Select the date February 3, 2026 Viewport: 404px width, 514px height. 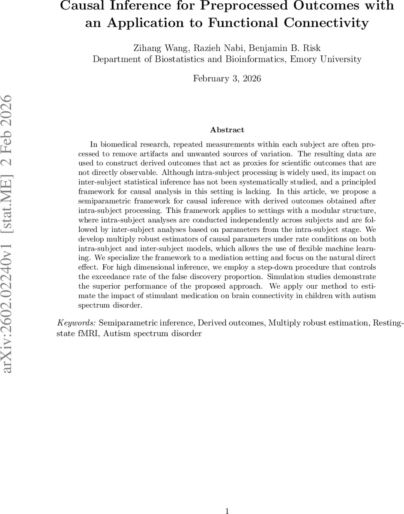coord(227,78)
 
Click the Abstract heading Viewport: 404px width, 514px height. coord(227,130)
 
